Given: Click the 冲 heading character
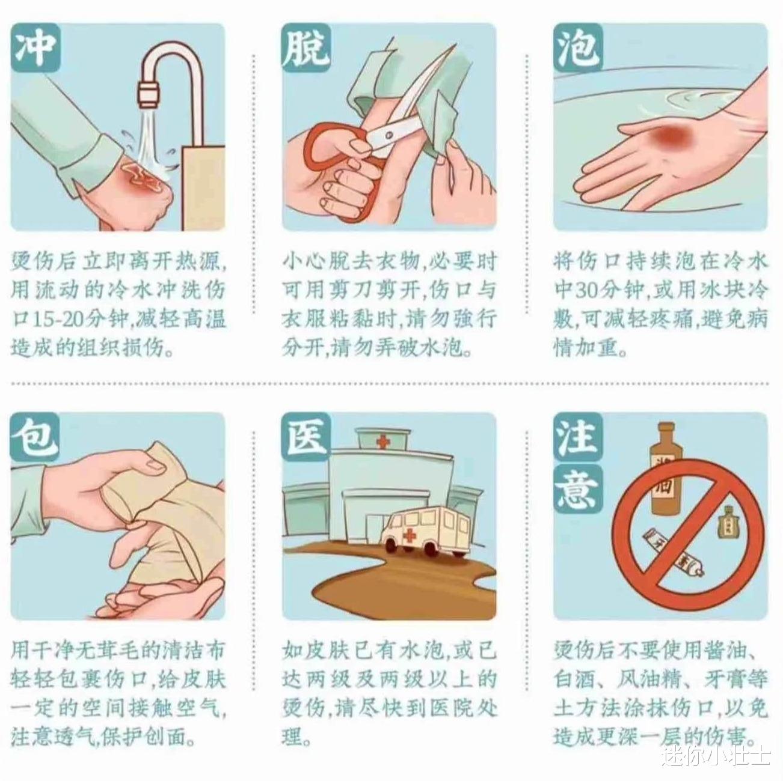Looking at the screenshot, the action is coord(35,47).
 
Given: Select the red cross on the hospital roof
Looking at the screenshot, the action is coord(381,442).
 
